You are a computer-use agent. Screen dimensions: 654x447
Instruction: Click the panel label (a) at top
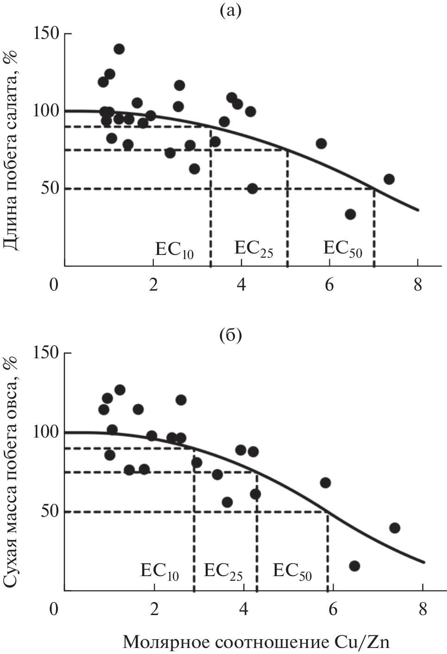point(230,11)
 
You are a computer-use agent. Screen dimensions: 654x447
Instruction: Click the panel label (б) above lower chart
point(230,335)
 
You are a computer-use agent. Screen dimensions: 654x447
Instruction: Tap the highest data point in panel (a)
point(119,49)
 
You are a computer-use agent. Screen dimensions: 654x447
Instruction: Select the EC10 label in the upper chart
point(174,250)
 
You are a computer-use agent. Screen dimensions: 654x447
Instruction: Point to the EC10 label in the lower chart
point(159,571)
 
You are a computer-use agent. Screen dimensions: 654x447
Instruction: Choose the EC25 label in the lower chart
point(223,571)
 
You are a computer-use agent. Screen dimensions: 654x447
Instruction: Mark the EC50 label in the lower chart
point(292,571)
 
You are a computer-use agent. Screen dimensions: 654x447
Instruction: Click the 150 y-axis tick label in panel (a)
point(46,33)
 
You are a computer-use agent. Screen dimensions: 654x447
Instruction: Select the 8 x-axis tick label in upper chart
point(418,285)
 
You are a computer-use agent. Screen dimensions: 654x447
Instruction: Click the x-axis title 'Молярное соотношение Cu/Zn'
point(256,642)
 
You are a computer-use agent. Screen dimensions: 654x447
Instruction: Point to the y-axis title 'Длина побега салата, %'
point(11,149)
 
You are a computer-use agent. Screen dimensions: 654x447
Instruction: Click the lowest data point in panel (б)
point(355,566)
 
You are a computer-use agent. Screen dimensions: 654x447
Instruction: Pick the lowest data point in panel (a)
point(350,214)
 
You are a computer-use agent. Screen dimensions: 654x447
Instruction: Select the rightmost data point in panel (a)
point(389,179)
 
